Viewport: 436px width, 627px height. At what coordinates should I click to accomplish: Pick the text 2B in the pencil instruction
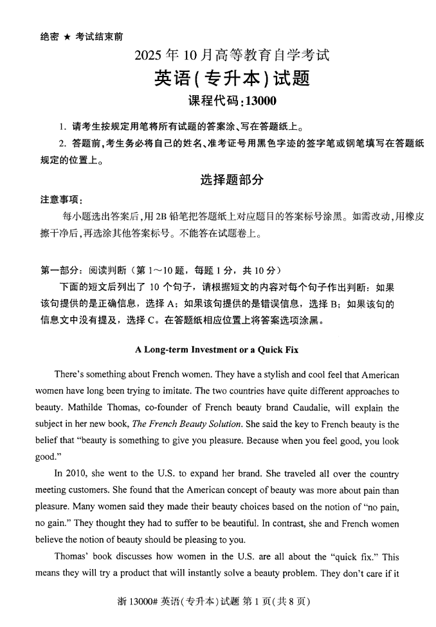[x=155, y=217]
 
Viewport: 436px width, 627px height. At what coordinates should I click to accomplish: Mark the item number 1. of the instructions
[x=62, y=125]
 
